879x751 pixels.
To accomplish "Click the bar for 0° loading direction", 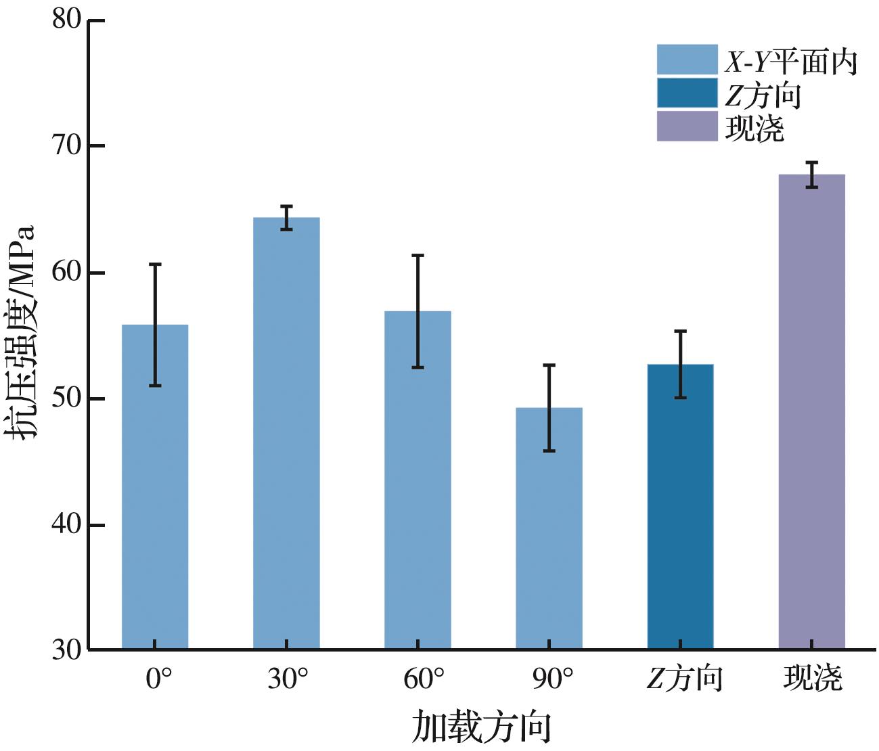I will pos(155,487).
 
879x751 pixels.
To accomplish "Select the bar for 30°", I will pos(286,433).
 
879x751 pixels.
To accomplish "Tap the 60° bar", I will pos(418,480).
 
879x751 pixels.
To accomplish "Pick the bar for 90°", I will pos(549,528).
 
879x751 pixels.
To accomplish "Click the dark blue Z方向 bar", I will pos(680,507).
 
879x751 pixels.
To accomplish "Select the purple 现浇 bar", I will pos(811,413).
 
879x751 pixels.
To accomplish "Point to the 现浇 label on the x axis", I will pos(813,679).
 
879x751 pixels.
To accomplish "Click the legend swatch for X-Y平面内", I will pos(687,60).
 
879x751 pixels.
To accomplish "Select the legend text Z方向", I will pos(763,95).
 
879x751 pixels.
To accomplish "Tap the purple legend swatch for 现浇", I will pos(687,127).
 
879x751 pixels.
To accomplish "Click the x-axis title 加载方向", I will pos(481,727).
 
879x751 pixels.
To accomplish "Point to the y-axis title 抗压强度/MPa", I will pos(22,332).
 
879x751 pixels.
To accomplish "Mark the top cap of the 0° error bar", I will pos(155,264).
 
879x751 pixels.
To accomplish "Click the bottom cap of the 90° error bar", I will pos(549,451).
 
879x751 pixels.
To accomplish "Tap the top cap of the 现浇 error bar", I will pos(811,162).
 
